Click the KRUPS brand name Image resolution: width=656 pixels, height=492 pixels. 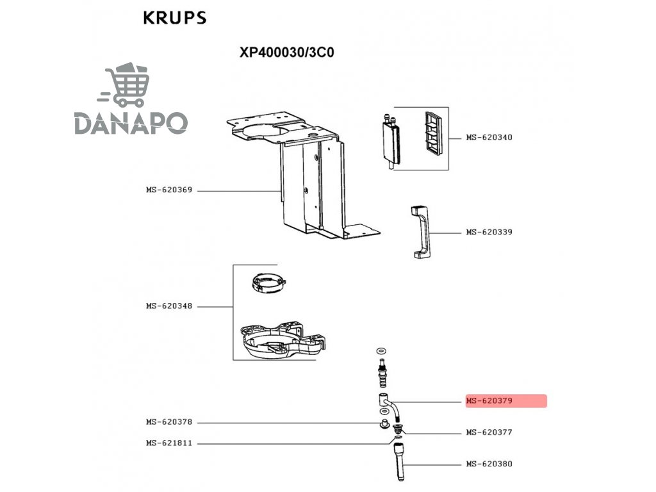click(x=174, y=17)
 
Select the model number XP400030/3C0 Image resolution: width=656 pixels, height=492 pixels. click(x=286, y=53)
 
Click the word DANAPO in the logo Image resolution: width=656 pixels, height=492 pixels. click(x=131, y=122)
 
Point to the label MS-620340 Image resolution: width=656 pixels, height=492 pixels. click(x=489, y=138)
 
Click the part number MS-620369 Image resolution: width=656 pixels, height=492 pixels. click(x=169, y=190)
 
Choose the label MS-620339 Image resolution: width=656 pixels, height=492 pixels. click(x=489, y=232)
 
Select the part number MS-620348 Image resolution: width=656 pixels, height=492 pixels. click(x=169, y=306)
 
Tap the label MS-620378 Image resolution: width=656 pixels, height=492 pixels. click(x=169, y=422)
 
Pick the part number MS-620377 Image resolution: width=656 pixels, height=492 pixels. click(x=489, y=432)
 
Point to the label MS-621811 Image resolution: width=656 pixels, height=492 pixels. click(x=169, y=443)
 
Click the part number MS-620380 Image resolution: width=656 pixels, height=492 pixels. click(x=489, y=464)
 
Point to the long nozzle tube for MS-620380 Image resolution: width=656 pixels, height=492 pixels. click(x=400, y=461)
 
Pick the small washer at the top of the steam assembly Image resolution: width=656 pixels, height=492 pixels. click(x=382, y=350)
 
